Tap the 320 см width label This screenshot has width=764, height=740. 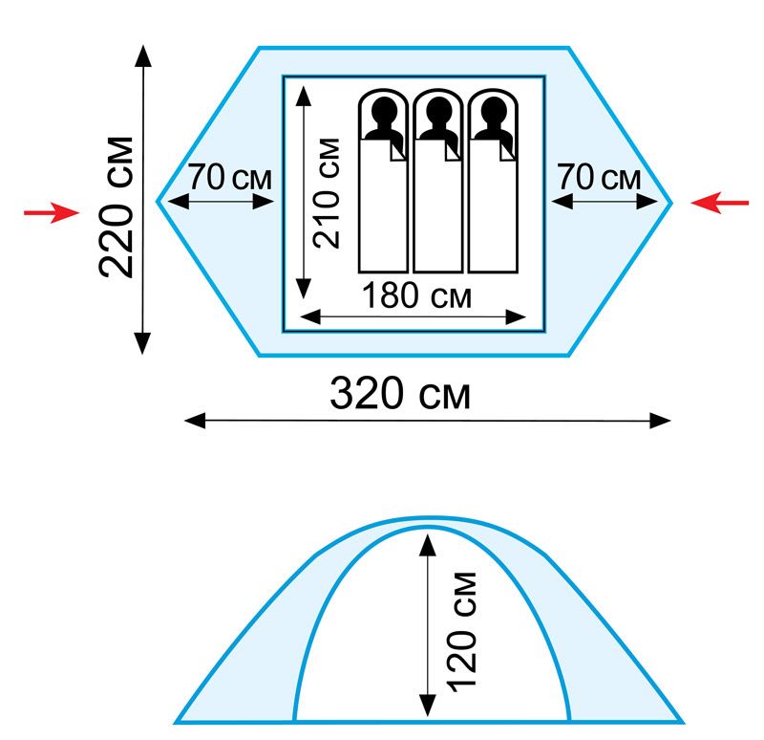(400, 393)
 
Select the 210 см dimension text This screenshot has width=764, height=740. (326, 192)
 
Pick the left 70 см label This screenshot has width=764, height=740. (229, 178)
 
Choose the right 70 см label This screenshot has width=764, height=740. (598, 178)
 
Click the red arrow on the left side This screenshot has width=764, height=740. (47, 212)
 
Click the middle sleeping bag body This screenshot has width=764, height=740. (437, 210)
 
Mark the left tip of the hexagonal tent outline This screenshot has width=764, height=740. (158, 202)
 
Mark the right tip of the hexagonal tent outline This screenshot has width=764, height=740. (672, 202)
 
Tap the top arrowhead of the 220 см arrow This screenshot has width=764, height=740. (143, 52)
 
